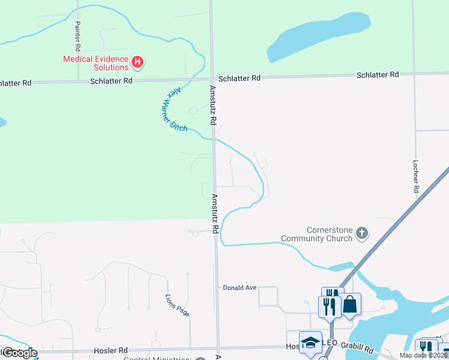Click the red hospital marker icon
point(138,61)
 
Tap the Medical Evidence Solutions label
point(96,63)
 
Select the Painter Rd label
point(77,36)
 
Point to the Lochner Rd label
point(415,176)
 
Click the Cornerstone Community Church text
point(329,234)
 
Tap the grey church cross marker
point(361,233)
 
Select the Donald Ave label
point(240,288)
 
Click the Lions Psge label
point(178,306)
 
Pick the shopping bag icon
point(350,304)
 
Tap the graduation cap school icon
point(310,342)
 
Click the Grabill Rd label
point(359,348)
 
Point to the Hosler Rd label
point(110,350)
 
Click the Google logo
point(19,353)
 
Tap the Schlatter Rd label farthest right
point(378,75)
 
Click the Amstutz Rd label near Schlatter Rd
point(212,104)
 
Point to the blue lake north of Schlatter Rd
point(318,37)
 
